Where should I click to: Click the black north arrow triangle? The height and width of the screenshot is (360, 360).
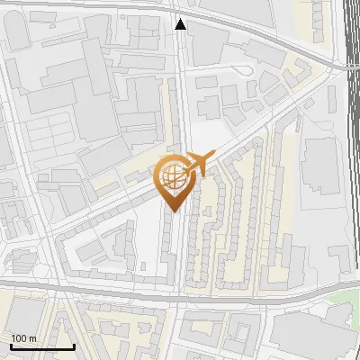point(181,24)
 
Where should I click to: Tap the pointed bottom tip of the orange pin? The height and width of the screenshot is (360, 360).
point(174,211)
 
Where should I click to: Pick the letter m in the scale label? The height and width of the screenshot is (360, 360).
point(33,338)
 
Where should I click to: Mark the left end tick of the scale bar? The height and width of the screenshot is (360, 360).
point(10,346)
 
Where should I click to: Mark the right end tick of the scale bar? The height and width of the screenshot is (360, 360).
point(74,346)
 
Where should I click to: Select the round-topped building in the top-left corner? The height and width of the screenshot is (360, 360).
point(20,32)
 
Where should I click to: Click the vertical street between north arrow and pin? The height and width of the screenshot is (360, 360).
point(181,90)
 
